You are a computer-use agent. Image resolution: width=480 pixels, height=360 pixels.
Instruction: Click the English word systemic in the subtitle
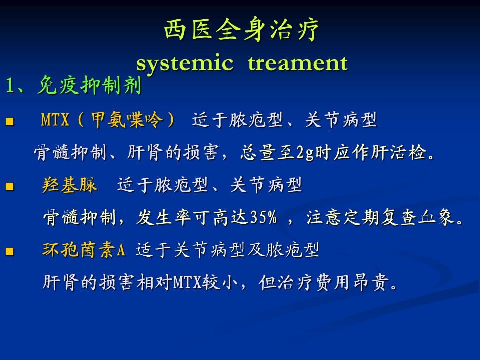click(x=185, y=63)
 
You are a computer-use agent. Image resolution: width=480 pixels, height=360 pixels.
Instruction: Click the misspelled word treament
click(x=298, y=63)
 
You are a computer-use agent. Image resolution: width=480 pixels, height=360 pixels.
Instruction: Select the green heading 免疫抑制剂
click(x=89, y=85)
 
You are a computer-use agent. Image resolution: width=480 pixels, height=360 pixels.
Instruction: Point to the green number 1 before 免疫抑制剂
click(x=10, y=85)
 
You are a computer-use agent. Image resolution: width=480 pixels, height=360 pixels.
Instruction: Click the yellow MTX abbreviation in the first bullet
click(x=55, y=119)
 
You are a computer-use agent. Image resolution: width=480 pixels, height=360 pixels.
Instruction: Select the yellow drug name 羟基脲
click(x=70, y=185)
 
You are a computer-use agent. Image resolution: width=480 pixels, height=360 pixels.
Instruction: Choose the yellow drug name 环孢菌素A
click(x=84, y=250)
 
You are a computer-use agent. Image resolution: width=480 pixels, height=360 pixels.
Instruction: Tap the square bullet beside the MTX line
click(x=10, y=122)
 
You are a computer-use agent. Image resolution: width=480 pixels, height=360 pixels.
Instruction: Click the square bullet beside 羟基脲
click(x=10, y=186)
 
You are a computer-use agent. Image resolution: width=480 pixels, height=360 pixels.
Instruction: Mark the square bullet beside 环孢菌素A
click(x=10, y=251)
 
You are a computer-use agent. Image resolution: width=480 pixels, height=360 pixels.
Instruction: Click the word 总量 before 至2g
click(x=258, y=152)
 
